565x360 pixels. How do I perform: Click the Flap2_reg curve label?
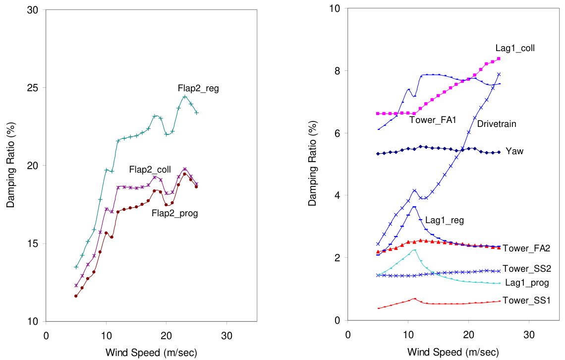[198, 89]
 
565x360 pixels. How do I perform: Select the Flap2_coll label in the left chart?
[150, 170]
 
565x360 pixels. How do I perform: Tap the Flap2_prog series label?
[174, 214]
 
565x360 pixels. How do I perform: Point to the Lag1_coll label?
[515, 48]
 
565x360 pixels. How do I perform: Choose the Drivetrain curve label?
[497, 124]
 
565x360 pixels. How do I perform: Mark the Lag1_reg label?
[445, 221]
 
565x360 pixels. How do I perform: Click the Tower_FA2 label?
[527, 248]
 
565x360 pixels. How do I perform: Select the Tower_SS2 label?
[527, 269]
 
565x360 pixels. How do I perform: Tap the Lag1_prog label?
[526, 283]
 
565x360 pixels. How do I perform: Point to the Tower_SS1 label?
[527, 300]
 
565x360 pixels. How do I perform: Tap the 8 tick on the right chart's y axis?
[338, 71]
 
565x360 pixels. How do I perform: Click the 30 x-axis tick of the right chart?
[529, 335]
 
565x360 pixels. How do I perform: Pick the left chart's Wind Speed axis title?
[151, 353]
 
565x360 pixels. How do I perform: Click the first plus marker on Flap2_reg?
[76, 267]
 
